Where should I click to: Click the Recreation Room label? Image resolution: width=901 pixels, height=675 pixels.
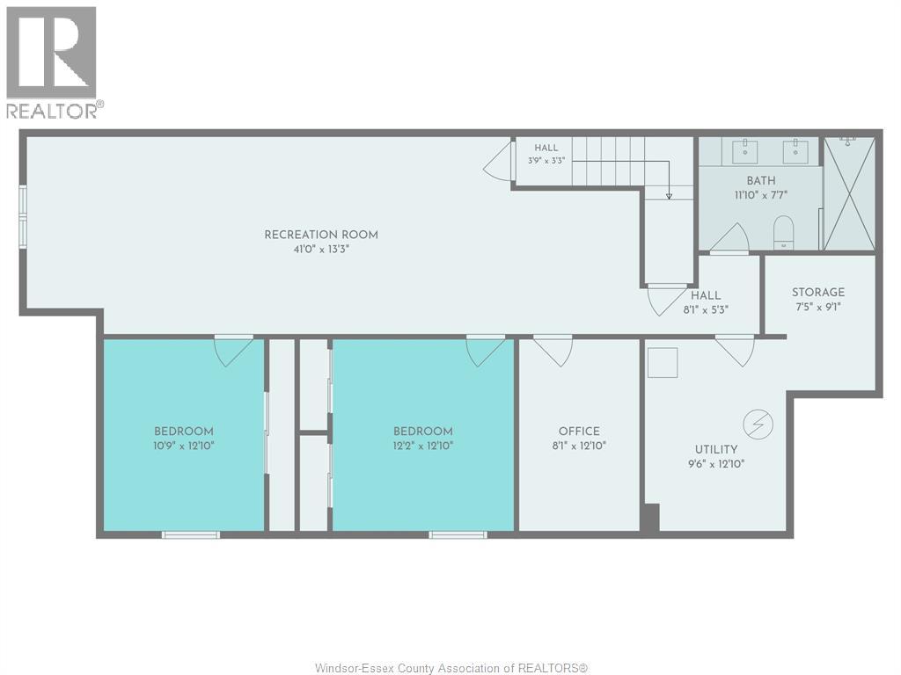321,235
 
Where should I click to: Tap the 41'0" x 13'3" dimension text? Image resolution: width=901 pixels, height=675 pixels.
321,249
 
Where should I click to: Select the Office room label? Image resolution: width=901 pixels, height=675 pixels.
579,431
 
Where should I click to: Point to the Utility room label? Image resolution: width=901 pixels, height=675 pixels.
716,449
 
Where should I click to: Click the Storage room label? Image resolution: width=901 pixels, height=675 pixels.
818,292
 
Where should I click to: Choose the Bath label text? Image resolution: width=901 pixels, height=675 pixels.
761,180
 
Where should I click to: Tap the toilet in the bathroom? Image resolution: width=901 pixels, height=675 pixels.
783,232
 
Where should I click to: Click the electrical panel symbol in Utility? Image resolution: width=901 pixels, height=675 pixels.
758,425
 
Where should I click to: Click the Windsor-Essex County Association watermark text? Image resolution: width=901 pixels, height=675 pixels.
451,668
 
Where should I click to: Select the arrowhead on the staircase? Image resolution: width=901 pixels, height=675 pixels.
669,196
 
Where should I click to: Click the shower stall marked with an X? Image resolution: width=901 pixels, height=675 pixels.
849,193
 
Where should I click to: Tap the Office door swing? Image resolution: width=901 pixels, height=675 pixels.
553,351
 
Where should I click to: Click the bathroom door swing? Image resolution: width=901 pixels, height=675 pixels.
729,237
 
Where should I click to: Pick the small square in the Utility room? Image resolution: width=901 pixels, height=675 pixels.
663,363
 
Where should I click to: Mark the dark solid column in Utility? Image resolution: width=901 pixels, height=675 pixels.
650,518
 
